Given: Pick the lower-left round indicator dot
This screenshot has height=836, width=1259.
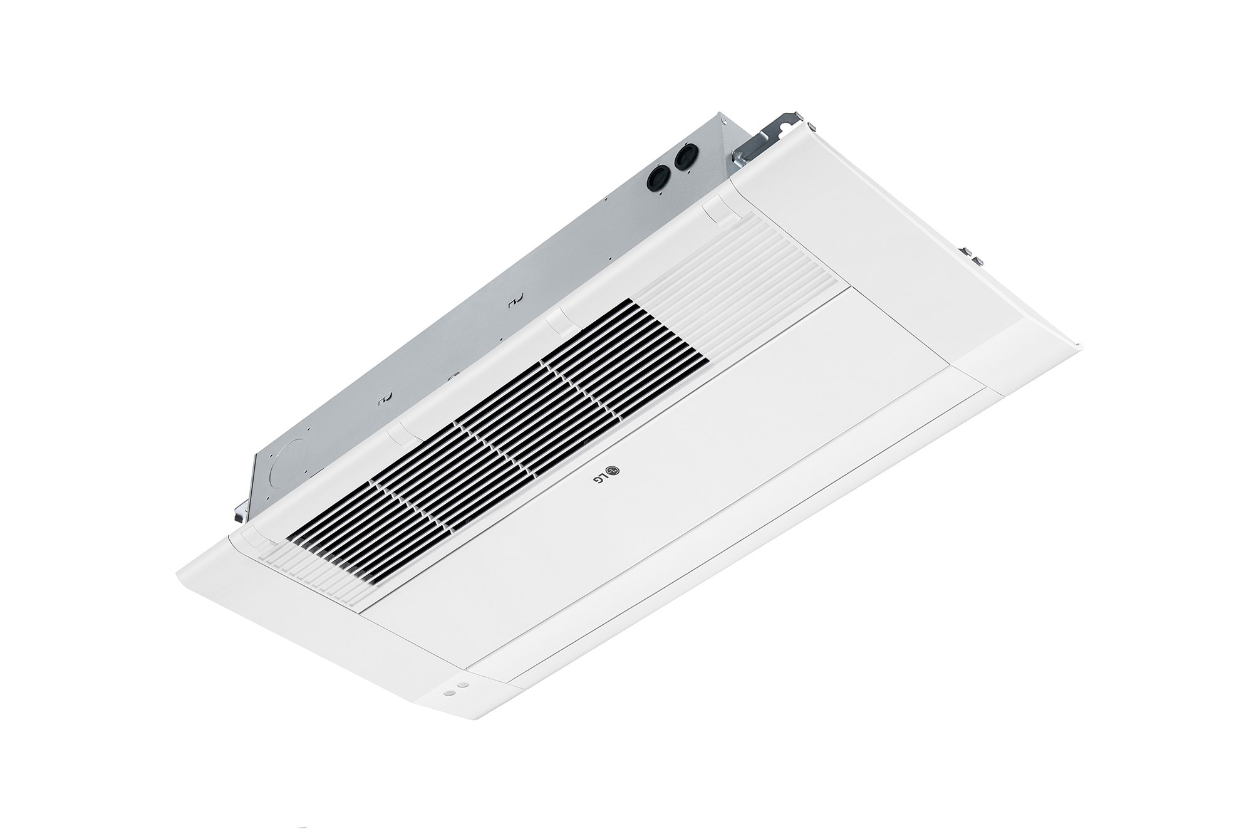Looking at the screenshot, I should (x=448, y=694).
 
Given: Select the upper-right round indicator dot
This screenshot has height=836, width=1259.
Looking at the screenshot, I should (x=462, y=686).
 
